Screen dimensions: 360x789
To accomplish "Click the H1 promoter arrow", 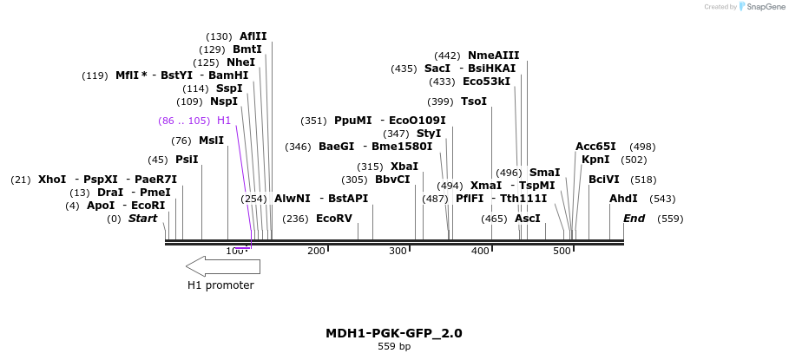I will [223, 265].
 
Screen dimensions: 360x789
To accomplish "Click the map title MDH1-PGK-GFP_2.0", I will [393, 333].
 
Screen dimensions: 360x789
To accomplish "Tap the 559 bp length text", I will [393, 347].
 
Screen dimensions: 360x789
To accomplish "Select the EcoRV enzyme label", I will [334, 219].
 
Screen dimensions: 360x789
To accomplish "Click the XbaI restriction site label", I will [404, 167].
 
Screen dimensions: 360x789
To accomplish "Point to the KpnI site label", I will [595, 160].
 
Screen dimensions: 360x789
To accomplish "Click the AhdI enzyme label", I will [623, 199].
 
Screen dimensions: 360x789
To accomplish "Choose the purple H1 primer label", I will [224, 121].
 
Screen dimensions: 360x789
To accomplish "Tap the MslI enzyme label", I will [211, 141].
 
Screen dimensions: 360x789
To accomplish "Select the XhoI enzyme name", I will [52, 180].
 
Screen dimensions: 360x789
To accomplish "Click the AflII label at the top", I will [253, 36].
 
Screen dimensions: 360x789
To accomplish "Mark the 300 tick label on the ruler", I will [398, 251].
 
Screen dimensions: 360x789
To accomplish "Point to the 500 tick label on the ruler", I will [562, 251].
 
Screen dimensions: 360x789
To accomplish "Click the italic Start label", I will [142, 219].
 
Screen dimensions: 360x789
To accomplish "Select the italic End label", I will [634, 219].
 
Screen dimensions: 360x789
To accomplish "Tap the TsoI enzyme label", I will [474, 101].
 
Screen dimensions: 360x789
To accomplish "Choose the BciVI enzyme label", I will [604, 180].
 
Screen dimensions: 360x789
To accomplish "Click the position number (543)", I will [662, 199].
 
